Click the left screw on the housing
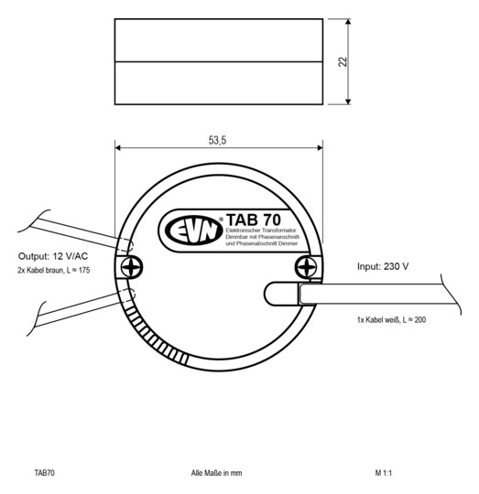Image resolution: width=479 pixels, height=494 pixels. pyautogui.click(x=132, y=266)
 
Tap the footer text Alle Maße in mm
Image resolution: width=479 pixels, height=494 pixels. pyautogui.click(x=216, y=473)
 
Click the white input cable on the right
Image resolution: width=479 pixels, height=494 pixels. pyautogui.click(x=385, y=295)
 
